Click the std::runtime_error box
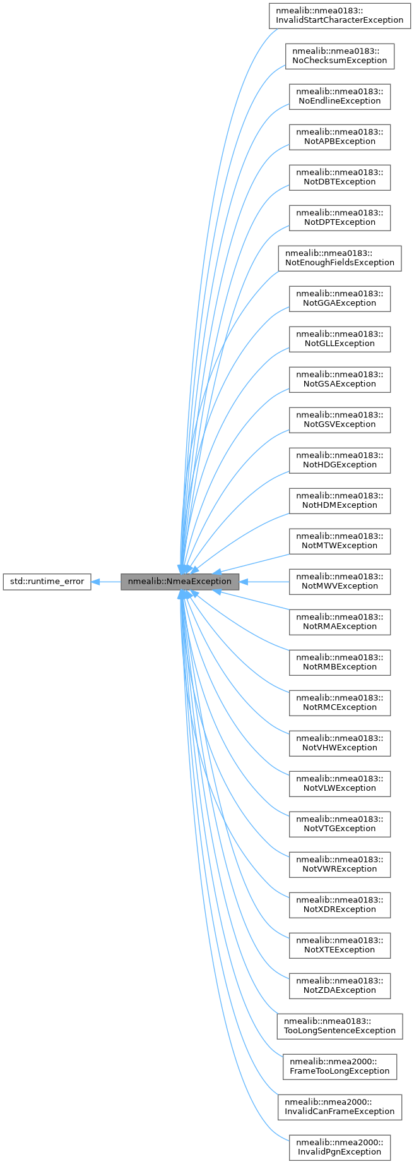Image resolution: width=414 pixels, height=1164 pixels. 47,581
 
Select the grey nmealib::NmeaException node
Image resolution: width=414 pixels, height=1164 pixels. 180,581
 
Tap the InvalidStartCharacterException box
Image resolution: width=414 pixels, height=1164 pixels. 340,15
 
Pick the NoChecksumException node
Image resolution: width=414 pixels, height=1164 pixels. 340,56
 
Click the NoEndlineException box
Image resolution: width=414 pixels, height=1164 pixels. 340,96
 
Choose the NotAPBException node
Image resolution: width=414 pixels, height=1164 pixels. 340,136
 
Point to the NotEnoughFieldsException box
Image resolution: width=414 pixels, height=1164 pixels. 340,258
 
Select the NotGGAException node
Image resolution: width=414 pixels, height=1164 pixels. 340,298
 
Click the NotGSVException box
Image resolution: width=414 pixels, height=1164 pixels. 340,419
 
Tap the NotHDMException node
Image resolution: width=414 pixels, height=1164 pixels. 340,500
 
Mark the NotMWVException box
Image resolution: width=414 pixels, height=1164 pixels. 340,581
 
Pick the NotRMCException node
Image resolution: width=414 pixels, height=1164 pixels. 340,702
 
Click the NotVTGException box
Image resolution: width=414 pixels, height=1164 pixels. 340,824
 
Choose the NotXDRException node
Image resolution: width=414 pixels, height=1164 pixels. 340,904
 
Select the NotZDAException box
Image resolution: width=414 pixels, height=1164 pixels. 340,985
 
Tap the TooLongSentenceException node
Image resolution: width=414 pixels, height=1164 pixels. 340,1026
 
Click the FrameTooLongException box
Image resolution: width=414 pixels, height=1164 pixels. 340,1066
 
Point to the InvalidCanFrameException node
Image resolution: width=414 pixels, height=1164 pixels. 340,1107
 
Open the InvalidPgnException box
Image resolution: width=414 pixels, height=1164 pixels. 340,1147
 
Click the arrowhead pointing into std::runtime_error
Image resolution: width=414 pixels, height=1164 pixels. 96,581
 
